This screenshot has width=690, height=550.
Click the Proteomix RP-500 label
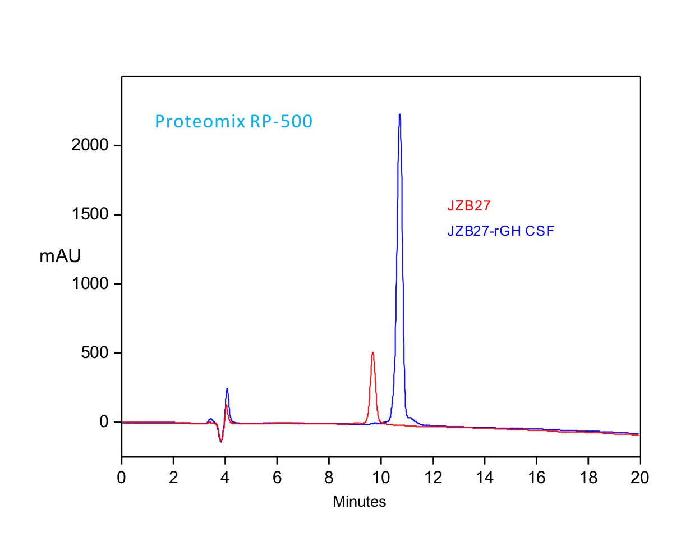point(233,121)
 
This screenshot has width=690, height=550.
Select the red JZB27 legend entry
point(469,206)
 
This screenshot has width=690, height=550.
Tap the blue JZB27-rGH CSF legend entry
point(501,231)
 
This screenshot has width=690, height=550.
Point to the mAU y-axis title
point(60,256)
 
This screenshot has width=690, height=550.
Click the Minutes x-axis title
point(359,502)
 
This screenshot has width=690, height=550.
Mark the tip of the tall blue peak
point(399,114)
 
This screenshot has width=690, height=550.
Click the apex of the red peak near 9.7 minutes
point(372,352)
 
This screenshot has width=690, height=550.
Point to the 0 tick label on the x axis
point(122,478)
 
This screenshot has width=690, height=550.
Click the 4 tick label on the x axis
point(225,478)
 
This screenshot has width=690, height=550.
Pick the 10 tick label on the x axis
point(381,478)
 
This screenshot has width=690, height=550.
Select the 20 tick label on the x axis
point(640,478)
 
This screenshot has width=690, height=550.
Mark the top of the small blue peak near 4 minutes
point(227,388)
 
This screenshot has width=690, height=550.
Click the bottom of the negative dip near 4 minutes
point(221,442)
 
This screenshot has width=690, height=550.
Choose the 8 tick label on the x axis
point(329,478)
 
